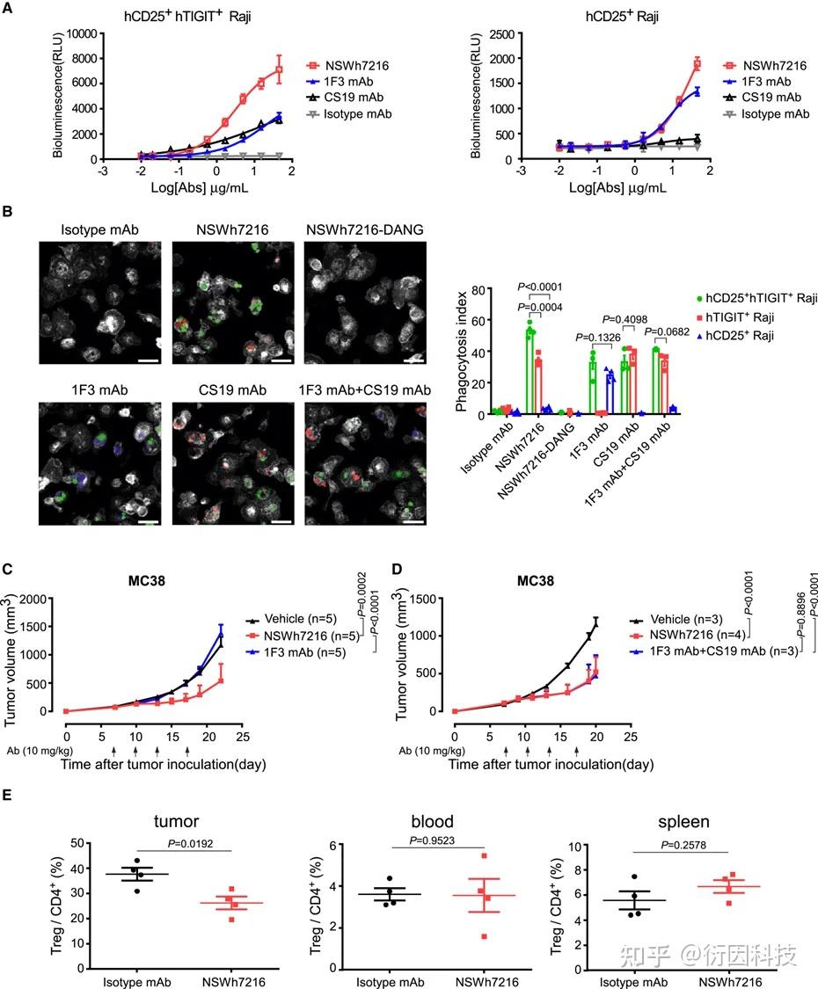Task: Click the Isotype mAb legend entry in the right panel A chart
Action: (775, 114)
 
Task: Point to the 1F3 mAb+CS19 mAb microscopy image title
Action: (365, 389)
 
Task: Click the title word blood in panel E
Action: (432, 823)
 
